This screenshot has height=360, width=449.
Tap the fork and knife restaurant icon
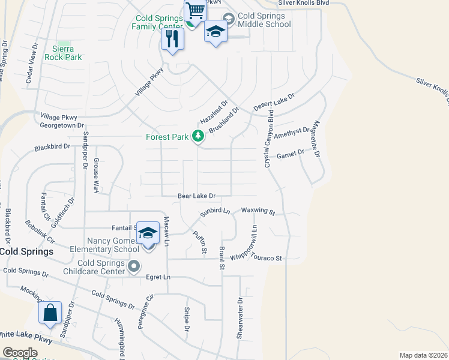coord(172,40)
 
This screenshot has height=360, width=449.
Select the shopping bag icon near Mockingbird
coord(50,313)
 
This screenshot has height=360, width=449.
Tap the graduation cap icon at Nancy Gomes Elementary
coord(148,233)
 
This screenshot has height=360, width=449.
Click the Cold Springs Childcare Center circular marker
coord(134,265)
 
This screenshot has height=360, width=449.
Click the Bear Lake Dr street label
coord(196,196)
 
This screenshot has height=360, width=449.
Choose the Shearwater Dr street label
coord(240,318)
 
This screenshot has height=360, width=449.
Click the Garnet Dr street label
coord(291,155)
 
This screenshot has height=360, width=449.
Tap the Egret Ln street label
coord(158,277)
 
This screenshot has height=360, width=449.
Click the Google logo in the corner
coord(20,353)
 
